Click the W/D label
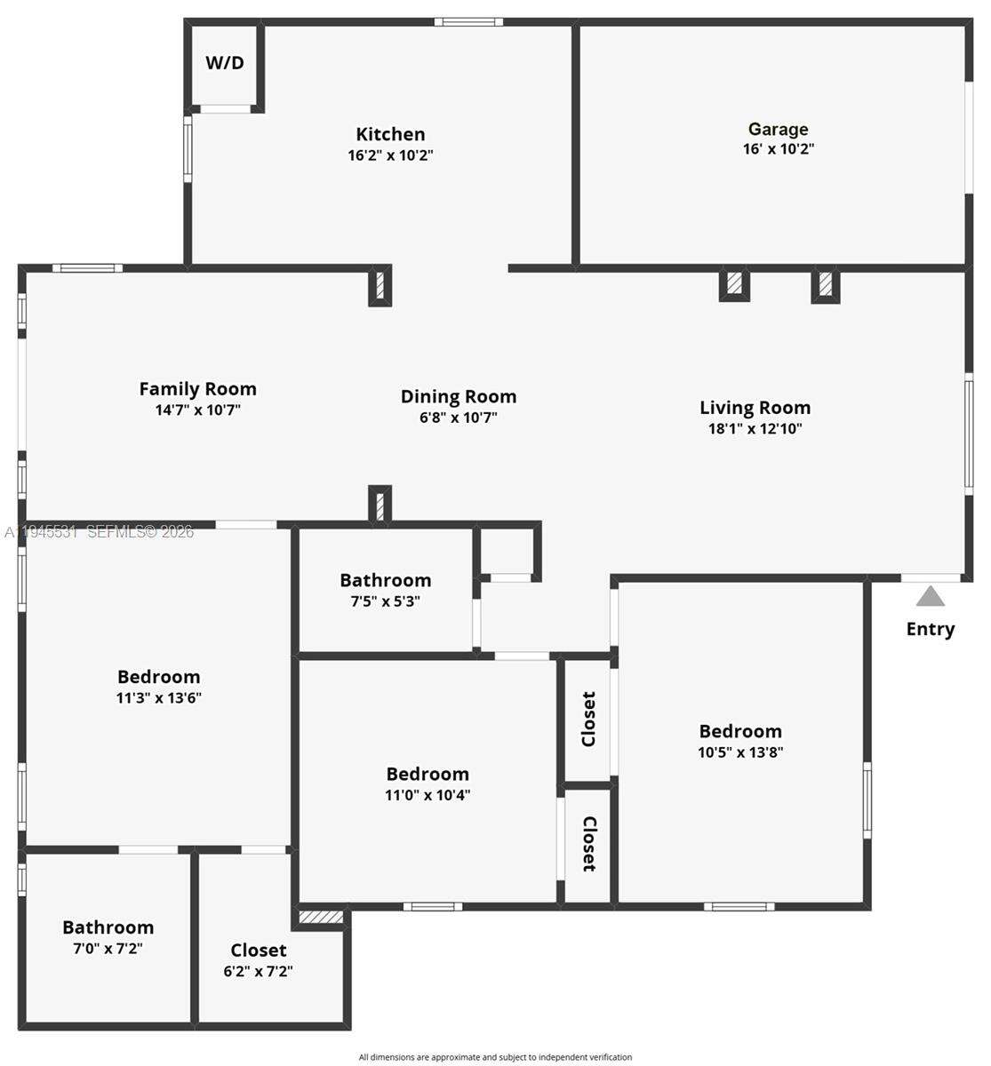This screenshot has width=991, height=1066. [225, 63]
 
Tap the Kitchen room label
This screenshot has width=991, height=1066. [390, 134]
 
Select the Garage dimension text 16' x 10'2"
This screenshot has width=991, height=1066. [778, 149]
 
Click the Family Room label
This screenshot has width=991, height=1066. [197, 388]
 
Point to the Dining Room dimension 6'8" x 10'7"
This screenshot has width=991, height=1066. [458, 418]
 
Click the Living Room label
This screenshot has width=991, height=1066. [755, 408]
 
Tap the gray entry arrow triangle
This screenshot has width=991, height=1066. [930, 596]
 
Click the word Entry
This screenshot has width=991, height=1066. [930, 629]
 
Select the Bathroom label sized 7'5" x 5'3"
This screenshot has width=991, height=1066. [385, 580]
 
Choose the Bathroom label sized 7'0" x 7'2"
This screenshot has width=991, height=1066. [108, 927]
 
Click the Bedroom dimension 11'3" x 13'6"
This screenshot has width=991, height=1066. [158, 698]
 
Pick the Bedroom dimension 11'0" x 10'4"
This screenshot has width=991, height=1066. [427, 795]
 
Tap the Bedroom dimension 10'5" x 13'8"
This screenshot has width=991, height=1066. [739, 752]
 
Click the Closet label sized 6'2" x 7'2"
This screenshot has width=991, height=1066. [258, 951]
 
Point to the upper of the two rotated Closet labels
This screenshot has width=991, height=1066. [588, 720]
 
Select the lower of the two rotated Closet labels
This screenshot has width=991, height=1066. [588, 844]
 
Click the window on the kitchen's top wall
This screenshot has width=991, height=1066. [468, 21]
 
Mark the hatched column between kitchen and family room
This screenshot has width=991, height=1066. [380, 286]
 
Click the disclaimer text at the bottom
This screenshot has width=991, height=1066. [495, 1057]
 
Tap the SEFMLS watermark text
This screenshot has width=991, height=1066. [99, 532]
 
